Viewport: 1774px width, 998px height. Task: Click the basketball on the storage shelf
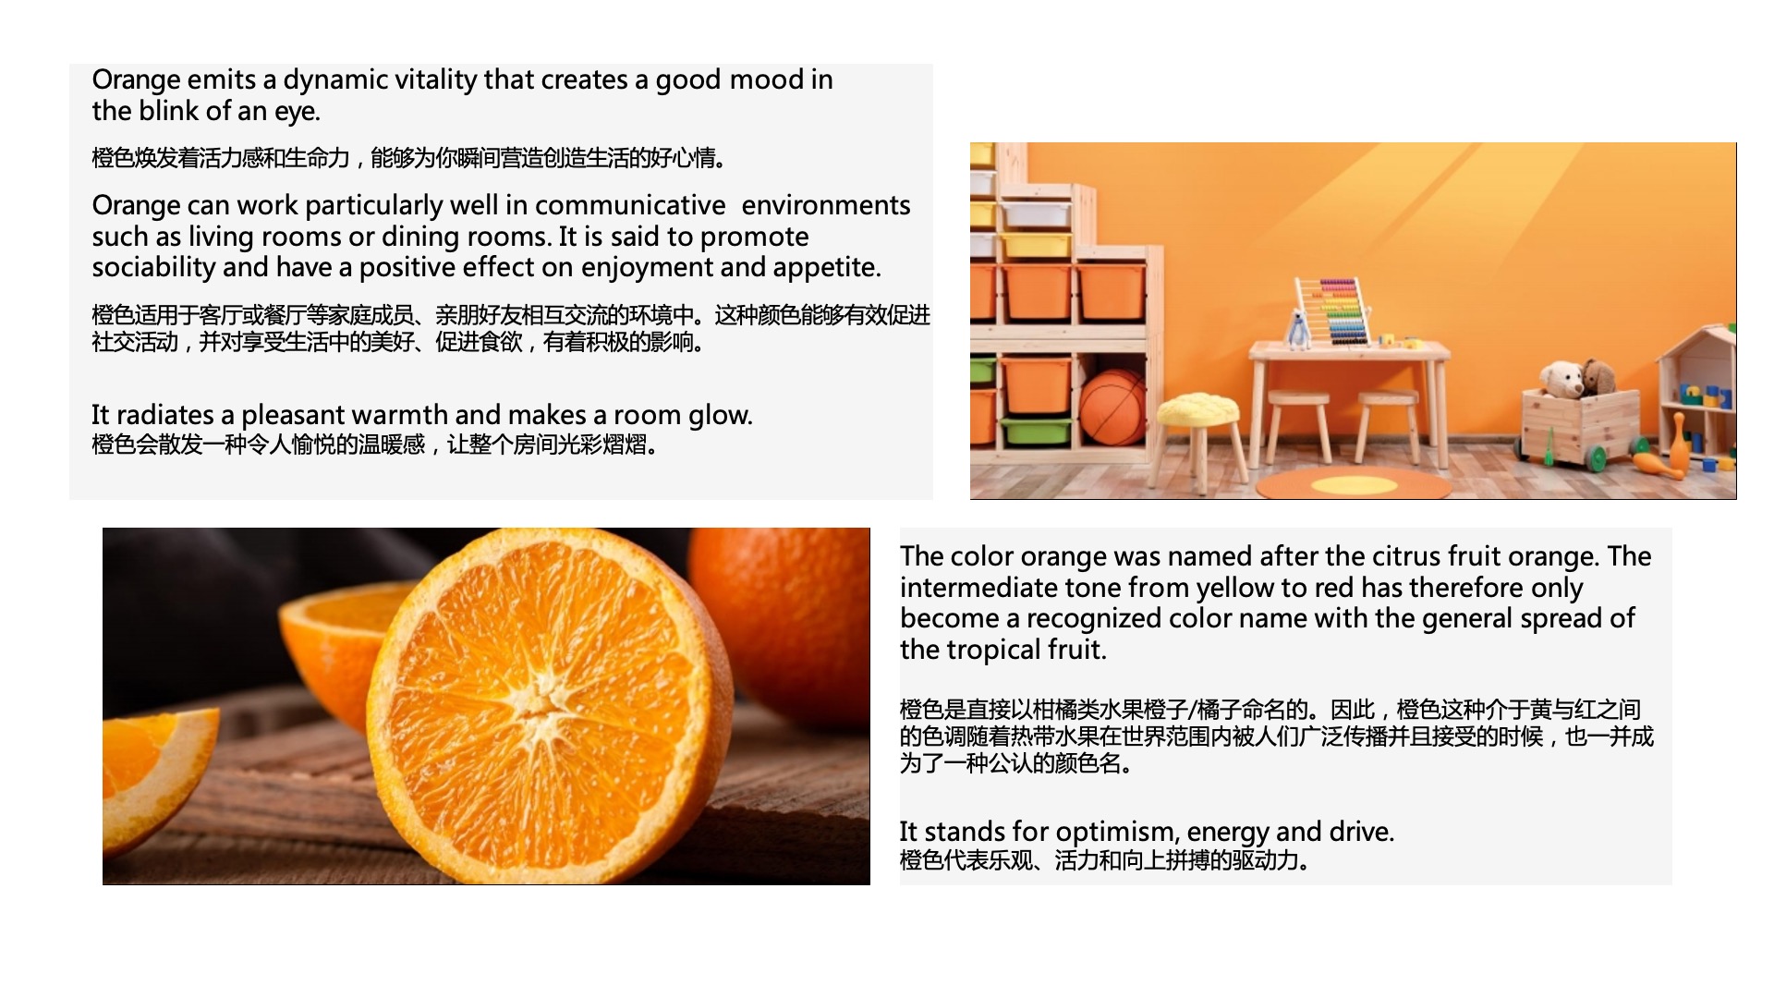(1113, 407)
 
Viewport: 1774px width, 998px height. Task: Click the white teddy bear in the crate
(1562, 380)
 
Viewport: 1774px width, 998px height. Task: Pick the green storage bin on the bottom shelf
(1035, 431)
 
